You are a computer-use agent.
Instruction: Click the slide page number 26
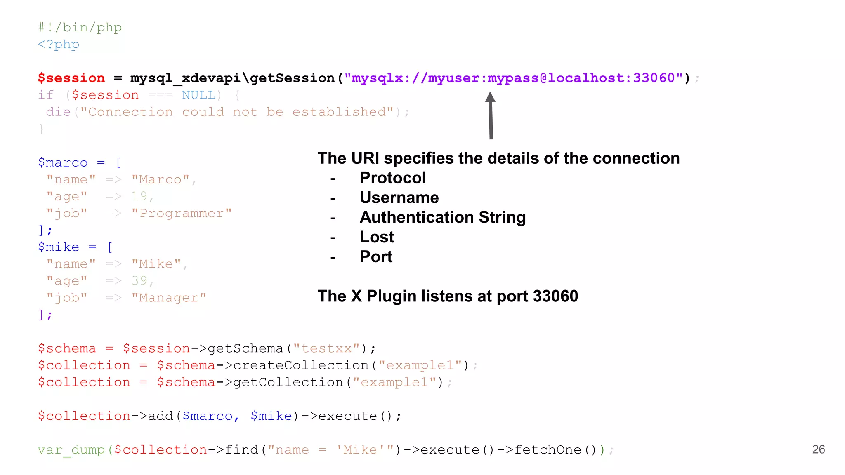[x=818, y=449]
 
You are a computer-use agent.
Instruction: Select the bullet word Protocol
[x=392, y=178]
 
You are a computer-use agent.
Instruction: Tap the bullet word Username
[x=399, y=198]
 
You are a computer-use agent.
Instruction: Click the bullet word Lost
[x=377, y=237]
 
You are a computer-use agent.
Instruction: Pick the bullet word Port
[x=376, y=257]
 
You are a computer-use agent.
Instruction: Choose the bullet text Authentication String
[x=443, y=217]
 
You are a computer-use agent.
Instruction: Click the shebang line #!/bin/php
[x=80, y=28]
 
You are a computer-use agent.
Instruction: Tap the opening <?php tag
[x=58, y=45]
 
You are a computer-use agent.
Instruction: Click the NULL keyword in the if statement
[x=199, y=95]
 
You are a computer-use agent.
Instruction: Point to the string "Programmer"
[x=182, y=214]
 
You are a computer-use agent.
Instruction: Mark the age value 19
[x=139, y=196]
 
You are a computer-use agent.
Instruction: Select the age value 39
[x=139, y=281]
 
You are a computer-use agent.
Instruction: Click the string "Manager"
[x=169, y=298]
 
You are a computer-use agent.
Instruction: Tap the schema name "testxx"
[x=326, y=348]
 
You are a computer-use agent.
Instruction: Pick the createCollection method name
[x=301, y=365]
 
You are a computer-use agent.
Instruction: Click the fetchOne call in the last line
[x=548, y=450]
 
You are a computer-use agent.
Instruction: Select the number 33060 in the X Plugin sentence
[x=555, y=296]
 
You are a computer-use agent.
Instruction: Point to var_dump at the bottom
[x=71, y=450]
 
